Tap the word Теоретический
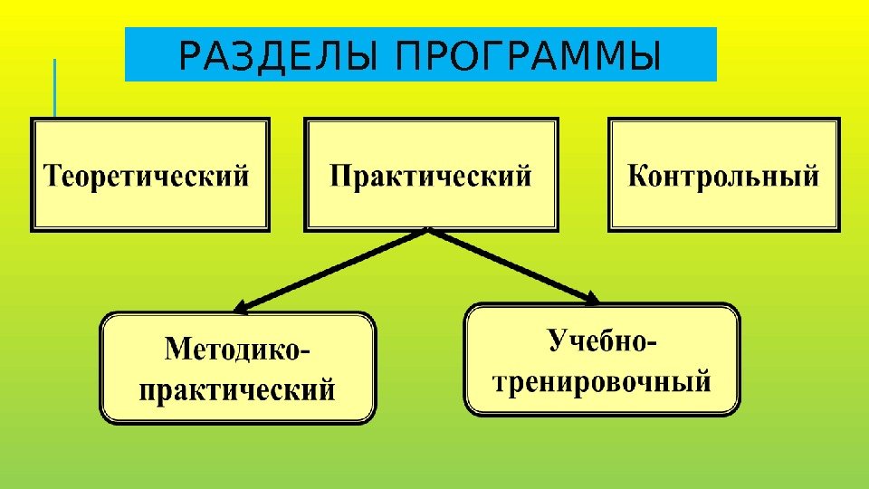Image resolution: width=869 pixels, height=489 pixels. [x=147, y=175]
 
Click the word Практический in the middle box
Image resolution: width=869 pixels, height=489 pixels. [x=430, y=175]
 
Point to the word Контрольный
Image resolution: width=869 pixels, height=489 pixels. [x=723, y=175]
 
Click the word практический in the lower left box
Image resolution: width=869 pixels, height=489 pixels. [x=237, y=390]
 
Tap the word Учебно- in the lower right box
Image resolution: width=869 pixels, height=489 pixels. [x=603, y=342]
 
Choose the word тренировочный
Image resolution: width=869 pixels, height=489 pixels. [x=603, y=381]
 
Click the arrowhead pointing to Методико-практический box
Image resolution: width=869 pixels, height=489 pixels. [x=242, y=306]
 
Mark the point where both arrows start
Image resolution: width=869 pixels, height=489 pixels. [x=428, y=231]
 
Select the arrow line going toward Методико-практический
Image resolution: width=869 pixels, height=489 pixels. [x=335, y=268]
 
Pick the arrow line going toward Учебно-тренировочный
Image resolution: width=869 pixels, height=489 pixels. [x=511, y=264]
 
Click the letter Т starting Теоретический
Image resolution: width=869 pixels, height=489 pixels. [x=53, y=175]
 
